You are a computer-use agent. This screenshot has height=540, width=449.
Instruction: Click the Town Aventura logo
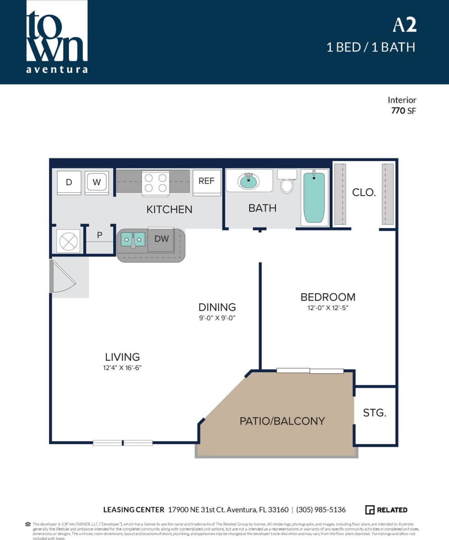[57, 37]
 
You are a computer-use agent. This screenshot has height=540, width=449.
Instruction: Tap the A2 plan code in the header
[404, 25]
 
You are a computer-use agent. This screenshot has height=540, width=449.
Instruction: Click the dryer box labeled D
[69, 182]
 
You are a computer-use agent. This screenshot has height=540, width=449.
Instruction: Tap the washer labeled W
[97, 182]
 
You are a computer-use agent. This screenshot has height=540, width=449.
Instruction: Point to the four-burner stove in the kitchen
[156, 183]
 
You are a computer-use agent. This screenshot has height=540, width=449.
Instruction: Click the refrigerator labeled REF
[206, 182]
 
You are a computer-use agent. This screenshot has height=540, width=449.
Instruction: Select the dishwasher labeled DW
[161, 239]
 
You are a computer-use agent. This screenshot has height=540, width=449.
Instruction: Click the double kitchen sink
[133, 239]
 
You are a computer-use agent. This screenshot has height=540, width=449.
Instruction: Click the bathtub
[314, 197]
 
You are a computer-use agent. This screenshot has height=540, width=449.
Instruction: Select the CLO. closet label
[364, 192]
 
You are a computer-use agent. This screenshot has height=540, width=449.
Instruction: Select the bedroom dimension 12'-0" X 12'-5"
[328, 308]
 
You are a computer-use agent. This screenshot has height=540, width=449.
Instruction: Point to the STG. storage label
[375, 413]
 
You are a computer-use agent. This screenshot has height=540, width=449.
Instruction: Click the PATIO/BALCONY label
[282, 421]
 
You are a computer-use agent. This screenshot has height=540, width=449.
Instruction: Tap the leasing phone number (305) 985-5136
[321, 510]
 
